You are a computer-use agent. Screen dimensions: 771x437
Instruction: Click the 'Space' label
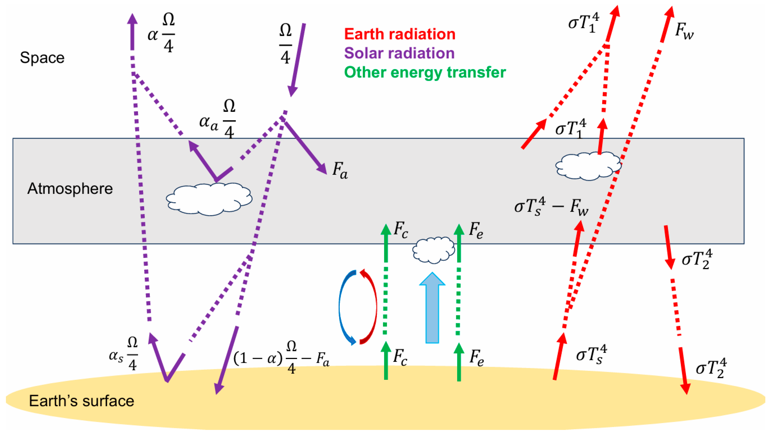tap(42, 58)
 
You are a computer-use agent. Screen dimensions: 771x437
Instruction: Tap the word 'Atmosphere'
tap(70, 189)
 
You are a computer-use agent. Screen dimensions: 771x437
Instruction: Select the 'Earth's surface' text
tap(81, 401)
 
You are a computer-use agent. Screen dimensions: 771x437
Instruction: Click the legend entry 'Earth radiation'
tap(399, 34)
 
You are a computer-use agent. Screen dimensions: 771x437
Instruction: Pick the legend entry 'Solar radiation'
tap(399, 53)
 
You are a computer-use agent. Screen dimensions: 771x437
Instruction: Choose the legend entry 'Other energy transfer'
tap(425, 72)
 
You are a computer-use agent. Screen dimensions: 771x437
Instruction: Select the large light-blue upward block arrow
tap(432, 308)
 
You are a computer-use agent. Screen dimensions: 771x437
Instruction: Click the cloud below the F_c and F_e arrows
tap(433, 250)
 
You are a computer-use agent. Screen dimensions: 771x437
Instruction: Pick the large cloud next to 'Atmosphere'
tap(209, 199)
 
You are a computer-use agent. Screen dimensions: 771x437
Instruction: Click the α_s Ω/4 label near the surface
tap(123, 354)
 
